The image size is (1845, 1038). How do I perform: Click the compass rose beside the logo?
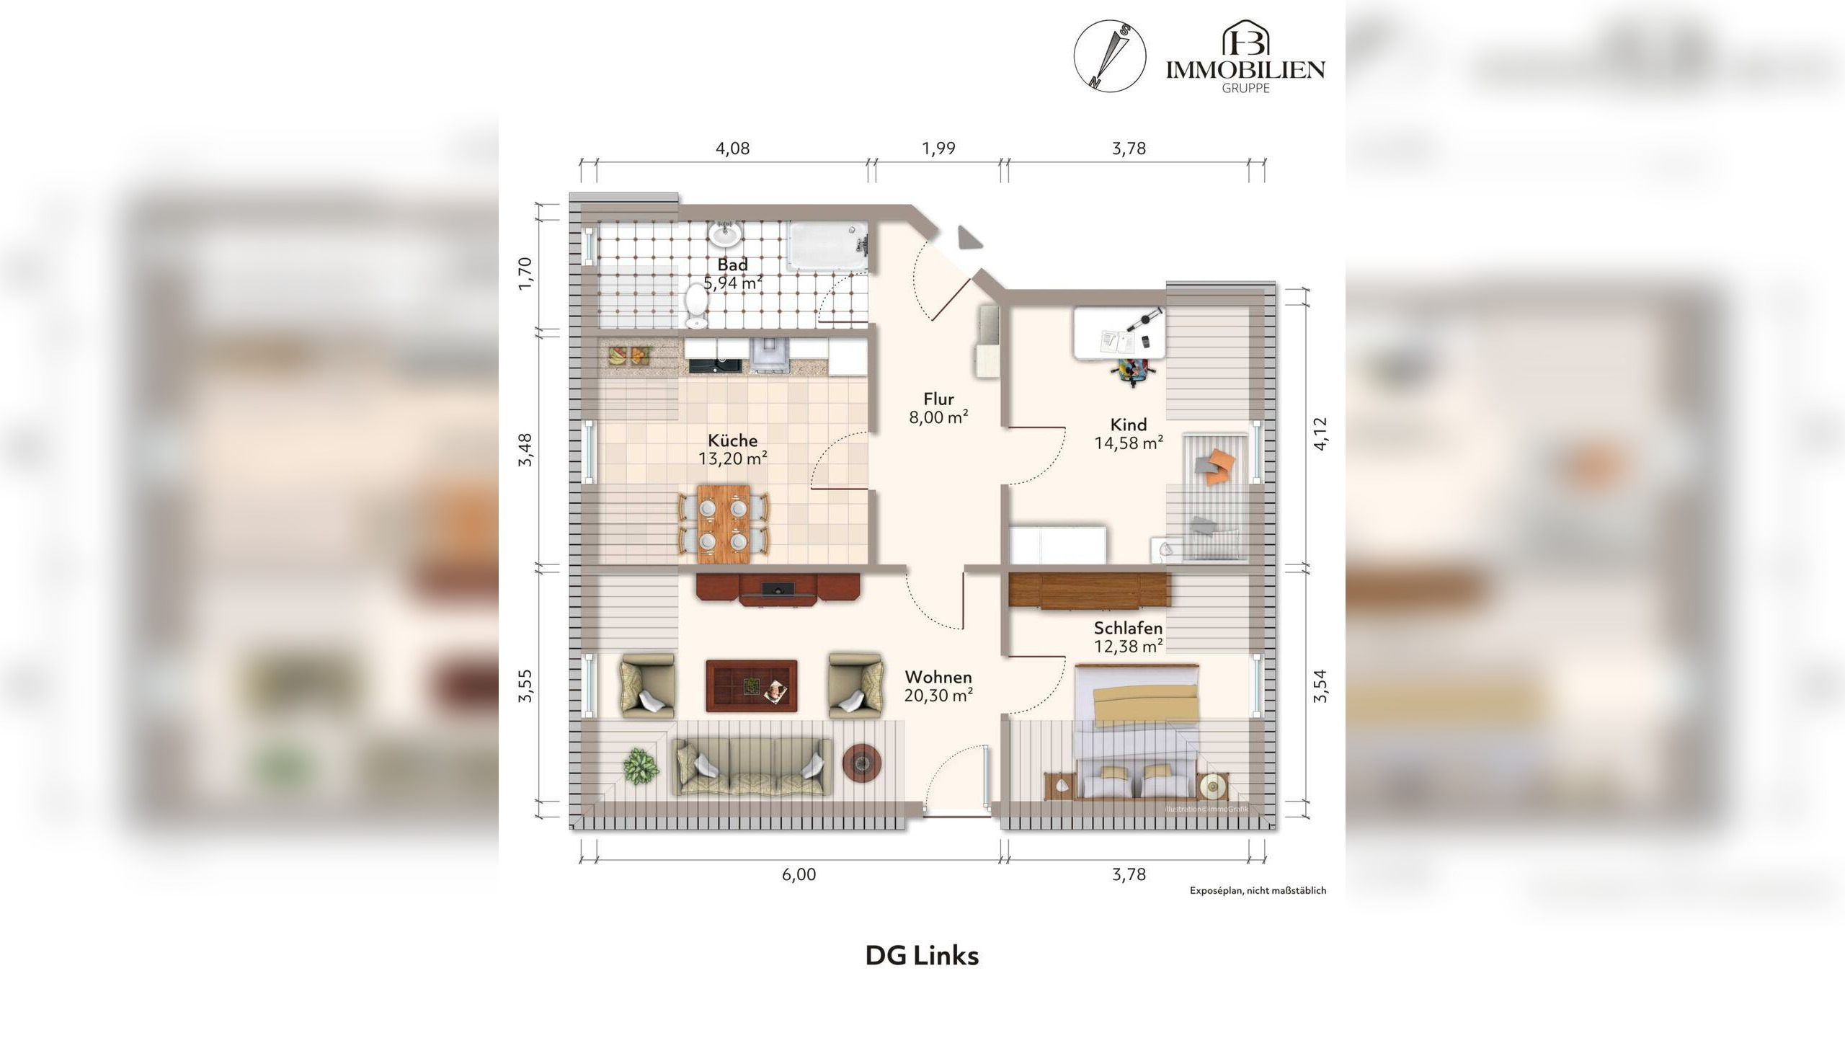[x=1110, y=56]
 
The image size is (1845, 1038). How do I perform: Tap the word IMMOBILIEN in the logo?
[x=1245, y=69]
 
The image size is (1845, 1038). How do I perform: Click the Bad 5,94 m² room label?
[x=733, y=274]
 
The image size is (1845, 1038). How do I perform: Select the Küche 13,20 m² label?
[x=732, y=449]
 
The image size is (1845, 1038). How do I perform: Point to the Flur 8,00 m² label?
[x=938, y=408]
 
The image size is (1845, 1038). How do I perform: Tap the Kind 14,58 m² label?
[x=1129, y=434]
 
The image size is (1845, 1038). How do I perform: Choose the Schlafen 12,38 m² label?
[x=1129, y=637]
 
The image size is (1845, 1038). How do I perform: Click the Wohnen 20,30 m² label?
[x=938, y=686]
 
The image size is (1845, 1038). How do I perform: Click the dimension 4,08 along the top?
[x=732, y=148]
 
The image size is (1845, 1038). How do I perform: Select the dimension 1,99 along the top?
[x=938, y=148]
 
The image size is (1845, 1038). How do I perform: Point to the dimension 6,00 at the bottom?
[x=799, y=875]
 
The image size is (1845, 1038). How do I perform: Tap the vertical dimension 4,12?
[x=1320, y=434]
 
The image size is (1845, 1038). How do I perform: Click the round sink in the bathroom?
[x=725, y=234]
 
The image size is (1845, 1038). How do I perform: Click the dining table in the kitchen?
[x=724, y=523]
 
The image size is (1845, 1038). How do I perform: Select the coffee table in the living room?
[x=752, y=686]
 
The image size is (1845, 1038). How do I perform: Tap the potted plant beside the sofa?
[x=641, y=766]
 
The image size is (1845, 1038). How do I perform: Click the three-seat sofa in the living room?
[x=751, y=766]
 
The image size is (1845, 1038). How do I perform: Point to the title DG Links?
[x=922, y=956]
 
